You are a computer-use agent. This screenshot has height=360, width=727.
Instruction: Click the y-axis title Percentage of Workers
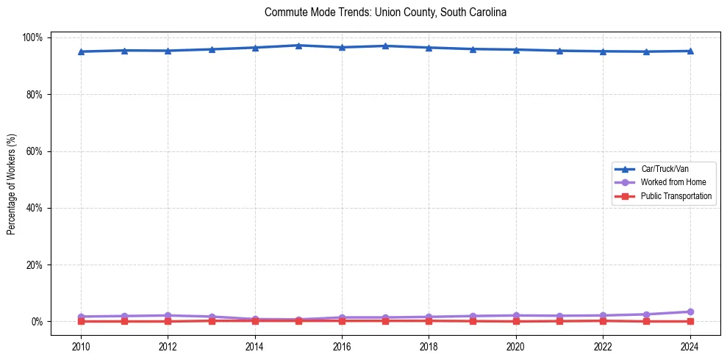[x=12, y=179]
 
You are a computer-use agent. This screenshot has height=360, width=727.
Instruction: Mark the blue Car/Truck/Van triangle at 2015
[x=298, y=46]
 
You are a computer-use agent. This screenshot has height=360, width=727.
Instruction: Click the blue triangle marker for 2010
[x=81, y=51]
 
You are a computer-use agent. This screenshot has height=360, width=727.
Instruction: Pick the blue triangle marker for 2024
[x=690, y=51]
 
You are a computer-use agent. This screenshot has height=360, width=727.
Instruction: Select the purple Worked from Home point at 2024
[x=690, y=312]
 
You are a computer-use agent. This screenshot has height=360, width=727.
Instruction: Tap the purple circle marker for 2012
[x=168, y=315]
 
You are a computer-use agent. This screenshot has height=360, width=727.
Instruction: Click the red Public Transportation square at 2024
[x=690, y=321]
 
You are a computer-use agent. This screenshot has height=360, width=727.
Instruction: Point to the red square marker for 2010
[x=81, y=321]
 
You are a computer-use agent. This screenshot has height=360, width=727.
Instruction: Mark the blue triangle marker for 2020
[x=516, y=49]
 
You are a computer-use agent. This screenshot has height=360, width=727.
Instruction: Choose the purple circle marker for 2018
[x=429, y=317]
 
